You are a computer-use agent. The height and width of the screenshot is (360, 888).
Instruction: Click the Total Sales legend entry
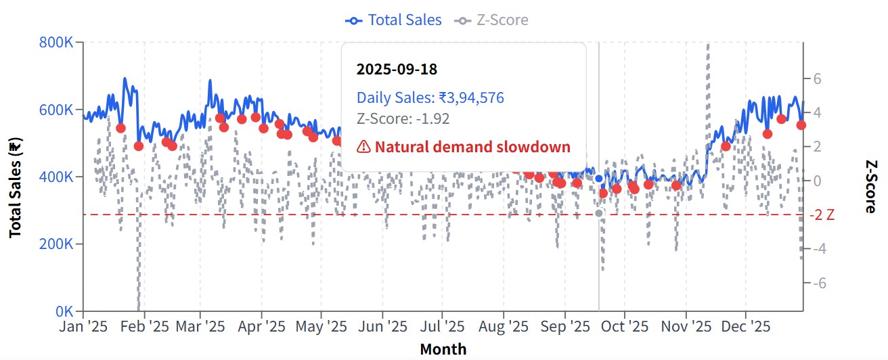click(394, 20)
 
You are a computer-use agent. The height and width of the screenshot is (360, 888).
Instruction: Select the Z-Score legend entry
click(492, 20)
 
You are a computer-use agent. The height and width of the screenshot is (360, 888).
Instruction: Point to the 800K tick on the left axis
click(58, 43)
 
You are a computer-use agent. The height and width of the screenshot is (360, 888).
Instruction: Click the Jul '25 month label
click(442, 327)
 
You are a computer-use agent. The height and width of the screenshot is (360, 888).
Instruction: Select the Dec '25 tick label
click(745, 327)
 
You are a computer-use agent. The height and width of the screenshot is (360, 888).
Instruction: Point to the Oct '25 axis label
click(625, 327)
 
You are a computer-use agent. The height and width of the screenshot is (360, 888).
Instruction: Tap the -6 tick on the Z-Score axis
click(816, 284)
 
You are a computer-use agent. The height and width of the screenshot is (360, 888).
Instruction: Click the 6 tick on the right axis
click(817, 78)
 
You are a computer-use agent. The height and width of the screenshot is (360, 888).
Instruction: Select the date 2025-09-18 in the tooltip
click(397, 70)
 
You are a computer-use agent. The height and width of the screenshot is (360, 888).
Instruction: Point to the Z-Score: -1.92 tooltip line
click(403, 119)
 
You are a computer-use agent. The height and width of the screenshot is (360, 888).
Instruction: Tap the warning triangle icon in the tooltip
click(363, 147)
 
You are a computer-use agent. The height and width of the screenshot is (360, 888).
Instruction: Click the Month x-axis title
click(443, 349)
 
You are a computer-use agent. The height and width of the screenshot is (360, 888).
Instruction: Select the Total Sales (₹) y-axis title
click(14, 187)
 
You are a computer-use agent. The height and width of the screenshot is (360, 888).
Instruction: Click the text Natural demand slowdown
click(472, 147)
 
